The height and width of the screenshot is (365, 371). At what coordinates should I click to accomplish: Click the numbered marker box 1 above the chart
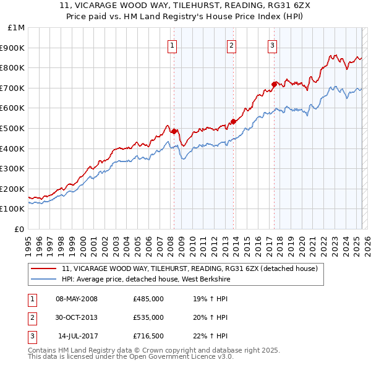(x=171, y=45)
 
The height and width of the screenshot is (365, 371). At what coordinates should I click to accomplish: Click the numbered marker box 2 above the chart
(x=231, y=45)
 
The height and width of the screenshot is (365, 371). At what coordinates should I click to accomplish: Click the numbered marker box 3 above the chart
(x=272, y=45)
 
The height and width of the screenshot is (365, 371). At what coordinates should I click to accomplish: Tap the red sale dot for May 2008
(x=174, y=131)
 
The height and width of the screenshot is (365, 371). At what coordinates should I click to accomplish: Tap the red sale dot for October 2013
(x=233, y=121)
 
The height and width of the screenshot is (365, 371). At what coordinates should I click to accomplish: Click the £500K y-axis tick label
(x=13, y=128)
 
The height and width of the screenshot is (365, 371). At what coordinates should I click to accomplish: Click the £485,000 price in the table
(x=148, y=299)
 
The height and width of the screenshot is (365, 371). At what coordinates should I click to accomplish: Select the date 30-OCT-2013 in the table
(x=77, y=317)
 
